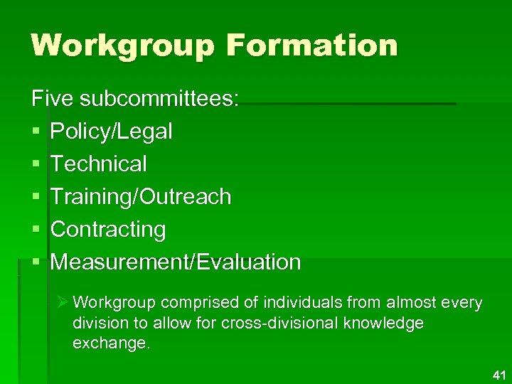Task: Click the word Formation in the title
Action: [313, 46]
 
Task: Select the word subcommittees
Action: [160, 98]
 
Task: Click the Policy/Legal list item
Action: [112, 131]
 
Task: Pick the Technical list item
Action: [99, 164]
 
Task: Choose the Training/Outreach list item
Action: [141, 196]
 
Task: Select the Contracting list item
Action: [108, 229]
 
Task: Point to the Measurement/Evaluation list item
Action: [176, 262]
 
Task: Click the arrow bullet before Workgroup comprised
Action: [63, 304]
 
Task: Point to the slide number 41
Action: [497, 374]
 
